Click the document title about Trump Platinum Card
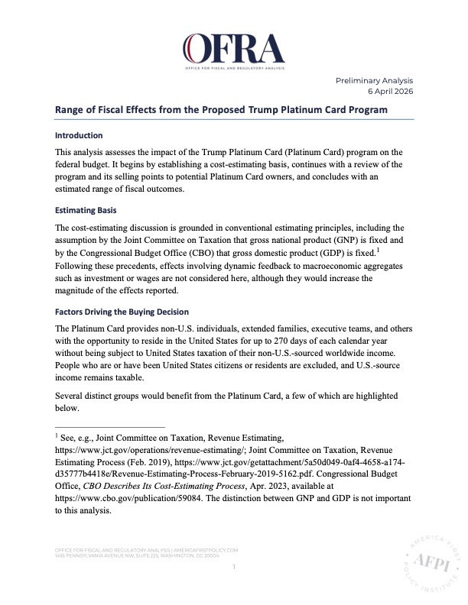pyautogui.click(x=221, y=109)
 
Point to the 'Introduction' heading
pyautogui.click(x=80, y=134)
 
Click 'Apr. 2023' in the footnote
pyautogui.click(x=283, y=487)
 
